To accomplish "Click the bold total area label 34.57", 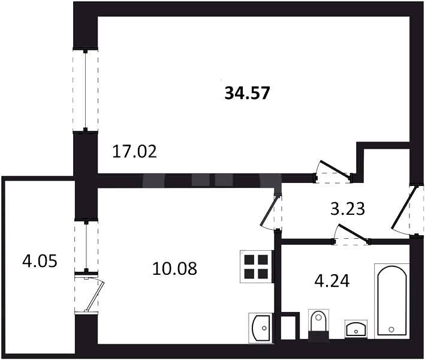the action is (247, 93).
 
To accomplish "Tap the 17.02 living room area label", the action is (134, 151).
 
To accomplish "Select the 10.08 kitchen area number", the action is (174, 269).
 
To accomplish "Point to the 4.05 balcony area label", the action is (40, 262).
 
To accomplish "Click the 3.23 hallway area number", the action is (348, 209).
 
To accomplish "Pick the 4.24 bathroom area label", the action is (331, 281).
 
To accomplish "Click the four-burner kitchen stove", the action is (257, 266).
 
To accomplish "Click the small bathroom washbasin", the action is (356, 329).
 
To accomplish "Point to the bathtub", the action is (391, 301).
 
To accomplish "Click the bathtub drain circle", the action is (391, 329).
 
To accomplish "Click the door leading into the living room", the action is (333, 172).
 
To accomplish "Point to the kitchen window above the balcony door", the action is (86, 247).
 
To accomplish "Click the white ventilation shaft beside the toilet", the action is (288, 328).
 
